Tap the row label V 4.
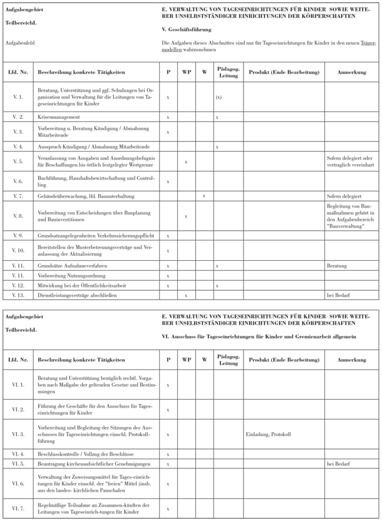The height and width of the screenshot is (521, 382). pyautogui.click(x=17, y=146)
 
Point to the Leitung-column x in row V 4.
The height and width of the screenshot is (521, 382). pyautogui.click(x=217, y=146)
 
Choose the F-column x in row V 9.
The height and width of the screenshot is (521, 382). pyautogui.click(x=168, y=235)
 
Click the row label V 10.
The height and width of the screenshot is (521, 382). pyautogui.click(x=17, y=250)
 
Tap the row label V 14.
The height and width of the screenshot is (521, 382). pyautogui.click(x=17, y=293)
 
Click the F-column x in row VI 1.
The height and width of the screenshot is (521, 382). pyautogui.click(x=168, y=385)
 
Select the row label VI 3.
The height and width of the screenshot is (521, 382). pyautogui.click(x=17, y=434)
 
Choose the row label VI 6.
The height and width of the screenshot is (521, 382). pyautogui.click(x=17, y=482)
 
